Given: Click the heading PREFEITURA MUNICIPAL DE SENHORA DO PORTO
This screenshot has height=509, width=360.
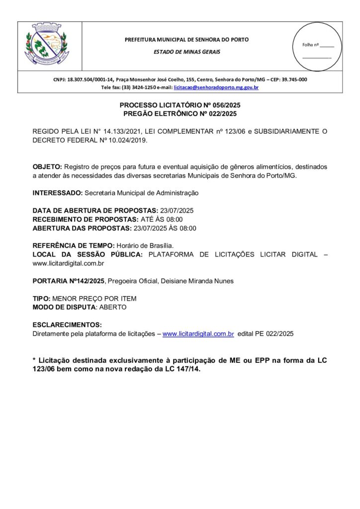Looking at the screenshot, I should (186, 39).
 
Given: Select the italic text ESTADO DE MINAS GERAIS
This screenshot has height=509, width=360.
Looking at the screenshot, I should (186, 52).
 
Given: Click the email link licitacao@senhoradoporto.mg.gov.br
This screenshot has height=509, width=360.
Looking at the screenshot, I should (216, 87).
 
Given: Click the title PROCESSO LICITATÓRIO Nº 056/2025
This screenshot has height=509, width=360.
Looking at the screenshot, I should (180, 106).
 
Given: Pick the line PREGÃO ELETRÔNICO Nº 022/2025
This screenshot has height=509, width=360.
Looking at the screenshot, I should (180, 114).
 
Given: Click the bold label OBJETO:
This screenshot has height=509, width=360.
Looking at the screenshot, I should (47, 167).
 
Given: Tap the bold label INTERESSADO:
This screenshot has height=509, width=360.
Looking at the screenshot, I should (58, 192).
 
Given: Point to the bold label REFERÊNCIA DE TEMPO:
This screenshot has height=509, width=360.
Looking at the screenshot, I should (74, 246).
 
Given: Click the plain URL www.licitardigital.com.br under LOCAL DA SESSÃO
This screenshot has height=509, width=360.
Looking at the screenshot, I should (68, 263).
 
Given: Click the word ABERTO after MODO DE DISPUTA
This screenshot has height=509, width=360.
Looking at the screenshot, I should (113, 307).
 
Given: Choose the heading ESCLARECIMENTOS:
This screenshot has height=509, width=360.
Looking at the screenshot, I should (67, 325).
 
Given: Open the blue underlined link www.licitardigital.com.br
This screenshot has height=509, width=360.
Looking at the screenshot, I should (198, 334).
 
